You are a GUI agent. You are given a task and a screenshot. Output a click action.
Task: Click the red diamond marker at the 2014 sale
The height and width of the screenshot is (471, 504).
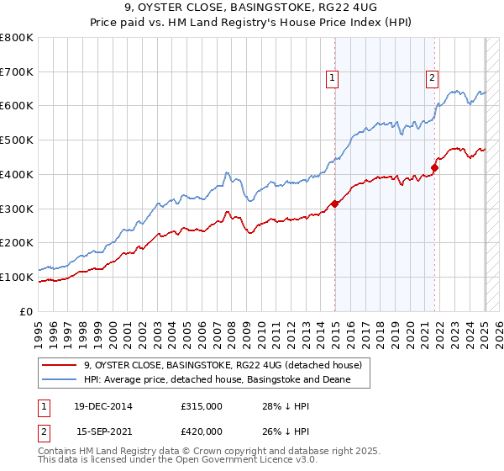[x=335, y=203]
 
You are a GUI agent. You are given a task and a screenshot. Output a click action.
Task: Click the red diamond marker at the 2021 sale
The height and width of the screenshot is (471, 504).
[x=434, y=167]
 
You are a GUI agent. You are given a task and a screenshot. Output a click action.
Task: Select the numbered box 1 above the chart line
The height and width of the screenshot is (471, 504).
[x=333, y=79]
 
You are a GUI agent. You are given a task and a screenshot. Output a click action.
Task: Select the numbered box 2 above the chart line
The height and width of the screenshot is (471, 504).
[x=432, y=79]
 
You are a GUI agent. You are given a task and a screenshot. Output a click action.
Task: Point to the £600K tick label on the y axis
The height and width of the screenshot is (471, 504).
[x=17, y=106]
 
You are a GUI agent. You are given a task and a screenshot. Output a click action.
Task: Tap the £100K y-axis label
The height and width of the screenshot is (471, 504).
[x=17, y=277]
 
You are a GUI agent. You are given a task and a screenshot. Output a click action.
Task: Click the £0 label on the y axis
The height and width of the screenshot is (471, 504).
[x=26, y=311]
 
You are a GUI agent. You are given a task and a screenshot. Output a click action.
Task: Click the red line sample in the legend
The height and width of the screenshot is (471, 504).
[x=60, y=365]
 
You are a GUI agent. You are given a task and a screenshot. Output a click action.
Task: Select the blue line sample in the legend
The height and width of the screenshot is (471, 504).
[x=60, y=380]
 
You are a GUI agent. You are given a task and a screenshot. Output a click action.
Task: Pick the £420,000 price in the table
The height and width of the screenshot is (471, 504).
[x=202, y=431]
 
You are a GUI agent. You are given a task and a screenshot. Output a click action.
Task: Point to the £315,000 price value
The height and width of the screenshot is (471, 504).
[x=202, y=406]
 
